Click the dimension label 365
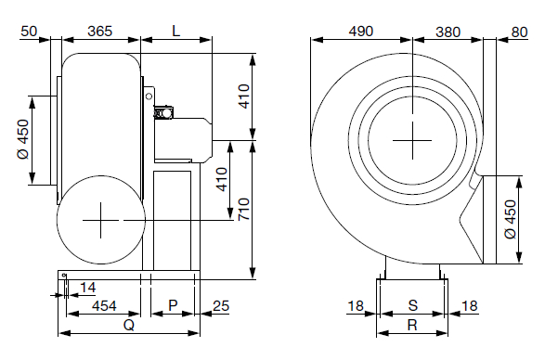point(99,32)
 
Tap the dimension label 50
point(29,32)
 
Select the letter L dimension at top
point(176,32)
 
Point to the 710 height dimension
point(244,209)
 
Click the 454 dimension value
point(104,306)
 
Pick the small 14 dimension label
point(87,288)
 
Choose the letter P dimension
point(173,305)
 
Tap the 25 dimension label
point(221,306)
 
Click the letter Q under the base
point(129,326)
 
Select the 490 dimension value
point(361,32)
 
